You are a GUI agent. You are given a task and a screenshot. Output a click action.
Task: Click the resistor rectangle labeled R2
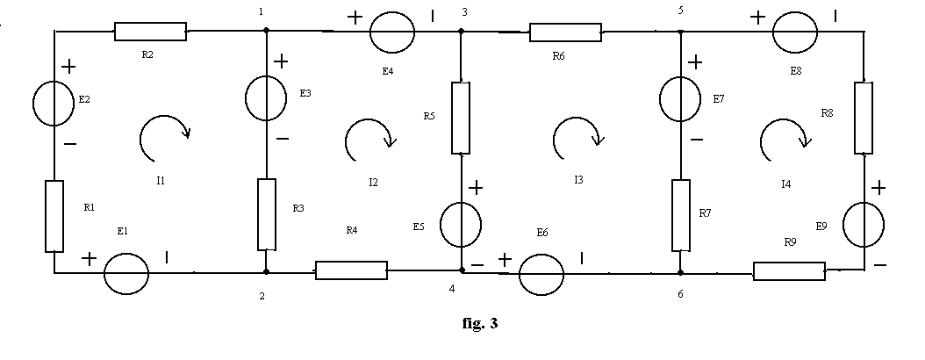[150, 32]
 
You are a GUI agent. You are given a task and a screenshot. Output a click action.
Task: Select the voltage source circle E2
[54, 104]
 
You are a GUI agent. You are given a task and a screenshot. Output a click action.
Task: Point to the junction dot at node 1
[266, 30]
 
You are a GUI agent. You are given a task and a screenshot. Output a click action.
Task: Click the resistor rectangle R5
[461, 118]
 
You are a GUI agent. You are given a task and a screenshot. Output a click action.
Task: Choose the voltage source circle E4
[392, 32]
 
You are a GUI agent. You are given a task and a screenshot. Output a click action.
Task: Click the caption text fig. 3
[479, 323]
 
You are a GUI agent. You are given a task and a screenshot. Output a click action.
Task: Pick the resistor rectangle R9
[789, 271]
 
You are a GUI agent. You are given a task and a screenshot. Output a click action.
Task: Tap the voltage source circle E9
[864, 224]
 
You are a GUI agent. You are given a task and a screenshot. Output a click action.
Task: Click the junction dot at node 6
[680, 273]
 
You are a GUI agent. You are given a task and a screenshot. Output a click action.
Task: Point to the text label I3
[578, 180]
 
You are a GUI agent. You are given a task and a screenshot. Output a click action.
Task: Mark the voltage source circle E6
[541, 275]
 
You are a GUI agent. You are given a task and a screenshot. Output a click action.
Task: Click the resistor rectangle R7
[681, 215]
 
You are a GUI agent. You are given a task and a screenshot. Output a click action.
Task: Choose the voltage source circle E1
[126, 274]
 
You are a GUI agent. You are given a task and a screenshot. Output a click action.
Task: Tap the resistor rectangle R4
[352, 270]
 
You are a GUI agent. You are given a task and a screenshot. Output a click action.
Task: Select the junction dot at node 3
[462, 32]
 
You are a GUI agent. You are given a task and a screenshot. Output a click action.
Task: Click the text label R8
[827, 113]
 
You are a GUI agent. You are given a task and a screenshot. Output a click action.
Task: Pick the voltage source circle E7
[680, 98]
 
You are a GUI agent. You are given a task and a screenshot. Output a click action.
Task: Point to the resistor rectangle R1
[54, 216]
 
